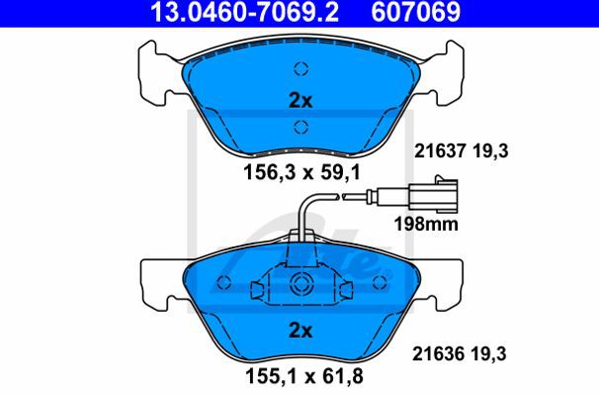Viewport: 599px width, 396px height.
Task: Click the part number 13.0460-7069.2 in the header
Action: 245,12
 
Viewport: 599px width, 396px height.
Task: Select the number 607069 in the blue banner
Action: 416,12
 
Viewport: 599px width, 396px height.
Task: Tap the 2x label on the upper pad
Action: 300,101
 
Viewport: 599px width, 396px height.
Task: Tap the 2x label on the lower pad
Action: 300,331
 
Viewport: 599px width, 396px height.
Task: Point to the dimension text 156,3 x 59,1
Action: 302,172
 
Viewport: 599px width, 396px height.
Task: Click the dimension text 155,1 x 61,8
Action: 304,376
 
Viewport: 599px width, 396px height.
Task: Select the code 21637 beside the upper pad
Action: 440,151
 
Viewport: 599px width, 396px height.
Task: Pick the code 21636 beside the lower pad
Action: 438,353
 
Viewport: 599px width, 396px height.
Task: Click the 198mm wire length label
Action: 426,224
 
